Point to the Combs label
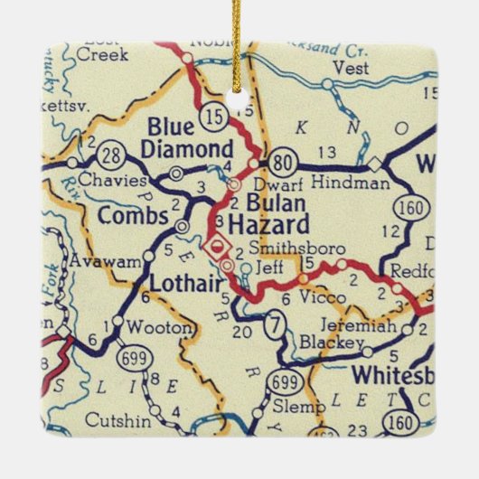132,217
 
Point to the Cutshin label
114,420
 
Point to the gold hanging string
239,41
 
